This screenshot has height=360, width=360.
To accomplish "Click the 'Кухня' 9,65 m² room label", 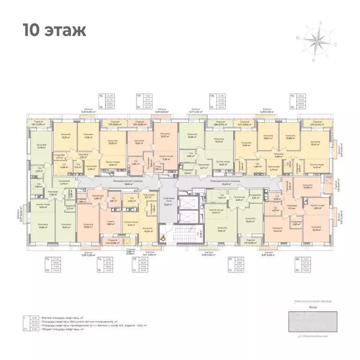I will [x=111, y=223].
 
